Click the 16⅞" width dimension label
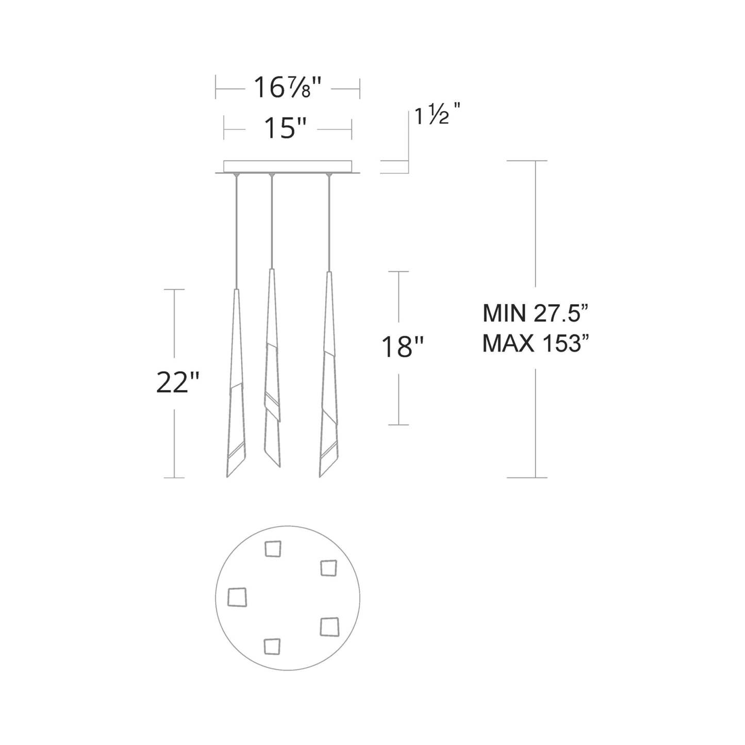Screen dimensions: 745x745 (x=287, y=88)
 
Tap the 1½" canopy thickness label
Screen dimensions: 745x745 (x=437, y=117)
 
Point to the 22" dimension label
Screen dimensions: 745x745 (x=177, y=383)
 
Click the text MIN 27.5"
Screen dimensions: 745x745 (x=535, y=313)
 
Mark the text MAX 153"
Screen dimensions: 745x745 (x=535, y=343)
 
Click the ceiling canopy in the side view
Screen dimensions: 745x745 (x=288, y=167)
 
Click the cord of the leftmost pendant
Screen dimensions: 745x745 (x=236, y=232)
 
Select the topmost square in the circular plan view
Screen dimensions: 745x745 (x=273, y=549)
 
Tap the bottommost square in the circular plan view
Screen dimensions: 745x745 (x=272, y=647)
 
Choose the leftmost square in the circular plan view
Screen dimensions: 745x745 (x=237, y=598)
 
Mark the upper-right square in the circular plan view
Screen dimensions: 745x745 (x=328, y=568)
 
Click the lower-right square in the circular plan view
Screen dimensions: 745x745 (x=329, y=627)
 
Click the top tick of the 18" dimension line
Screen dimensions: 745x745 (x=399, y=271)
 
